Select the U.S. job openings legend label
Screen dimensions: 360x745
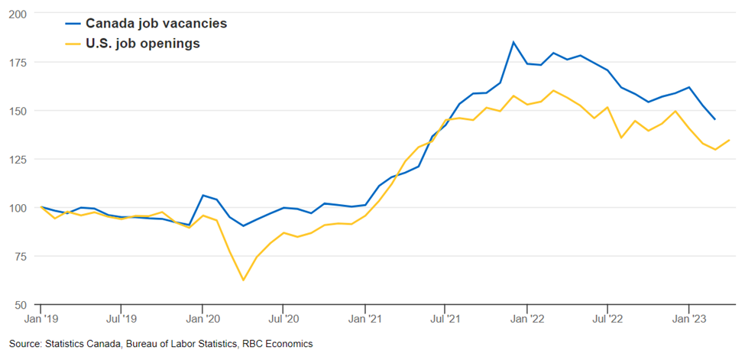[142, 44]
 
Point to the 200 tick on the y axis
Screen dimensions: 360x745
[18, 14]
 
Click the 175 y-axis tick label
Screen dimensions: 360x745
[18, 62]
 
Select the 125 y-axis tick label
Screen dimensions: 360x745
[18, 159]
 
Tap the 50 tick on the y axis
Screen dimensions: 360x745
[21, 304]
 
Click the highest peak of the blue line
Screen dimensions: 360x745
[513, 42]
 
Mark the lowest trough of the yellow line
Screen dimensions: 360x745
[243, 280]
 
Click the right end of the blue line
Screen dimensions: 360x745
[715, 119]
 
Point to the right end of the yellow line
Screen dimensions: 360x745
[729, 140]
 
